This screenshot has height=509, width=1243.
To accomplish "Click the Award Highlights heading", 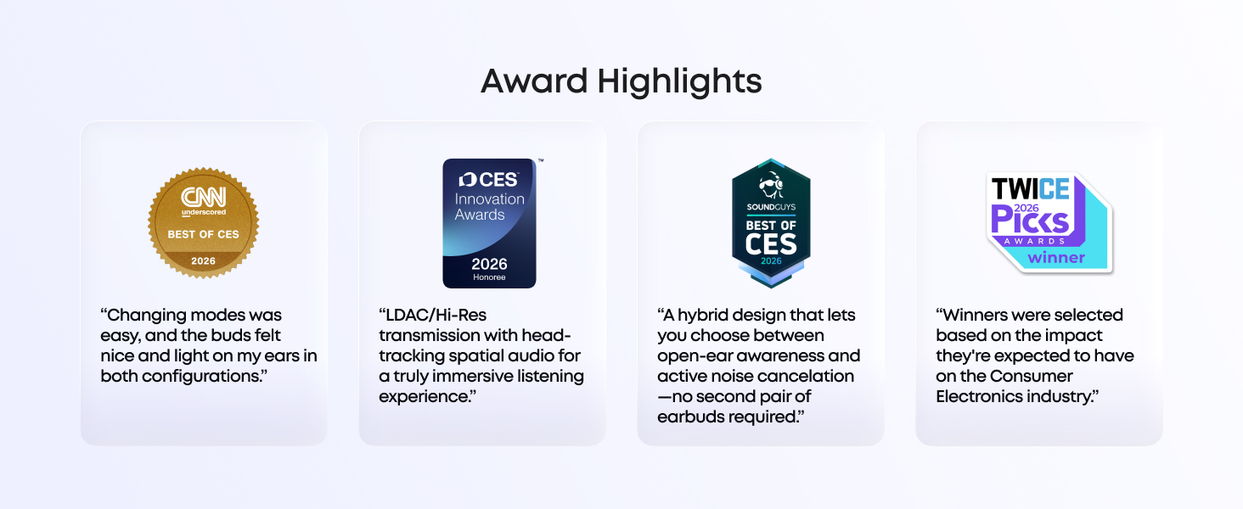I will click(x=621, y=81).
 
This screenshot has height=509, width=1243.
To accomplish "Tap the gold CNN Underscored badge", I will click(x=204, y=223).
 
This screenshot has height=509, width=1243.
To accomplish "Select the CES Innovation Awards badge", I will click(x=489, y=223).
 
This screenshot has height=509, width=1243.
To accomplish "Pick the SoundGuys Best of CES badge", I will click(x=771, y=223).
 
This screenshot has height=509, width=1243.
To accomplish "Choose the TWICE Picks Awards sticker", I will click(x=1049, y=223).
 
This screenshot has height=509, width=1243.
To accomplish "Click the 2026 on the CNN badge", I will click(x=204, y=261).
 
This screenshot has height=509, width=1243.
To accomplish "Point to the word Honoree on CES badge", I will click(x=489, y=277).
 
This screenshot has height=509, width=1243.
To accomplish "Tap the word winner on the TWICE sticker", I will click(x=1056, y=257).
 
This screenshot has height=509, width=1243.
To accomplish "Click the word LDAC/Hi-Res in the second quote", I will click(x=433, y=316).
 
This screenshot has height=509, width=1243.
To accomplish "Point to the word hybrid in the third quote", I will click(x=704, y=316).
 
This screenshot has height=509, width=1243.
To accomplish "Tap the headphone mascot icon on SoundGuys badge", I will click(x=771, y=185).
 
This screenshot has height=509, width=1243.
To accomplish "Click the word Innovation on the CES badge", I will click(x=490, y=199).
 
